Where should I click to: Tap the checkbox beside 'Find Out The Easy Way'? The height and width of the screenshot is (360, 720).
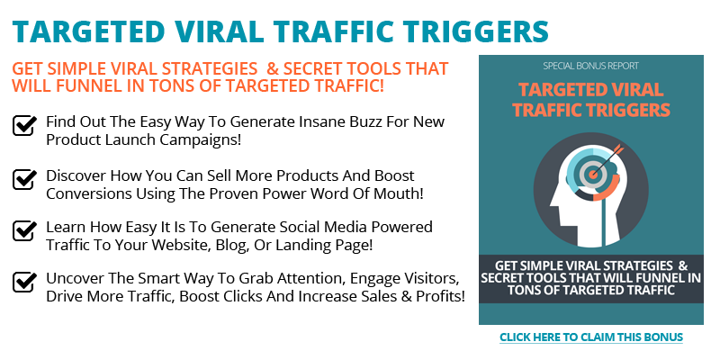pos(24,125)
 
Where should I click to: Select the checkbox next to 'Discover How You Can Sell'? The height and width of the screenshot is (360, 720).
pos(24,178)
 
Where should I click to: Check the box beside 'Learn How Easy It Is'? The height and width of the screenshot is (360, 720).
pos(24,230)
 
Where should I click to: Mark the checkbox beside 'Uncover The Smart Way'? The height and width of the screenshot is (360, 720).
pos(24,282)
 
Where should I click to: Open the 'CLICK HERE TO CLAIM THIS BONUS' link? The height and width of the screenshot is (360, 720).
pos(591,337)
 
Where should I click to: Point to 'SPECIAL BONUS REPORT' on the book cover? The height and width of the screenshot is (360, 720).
pos(590,66)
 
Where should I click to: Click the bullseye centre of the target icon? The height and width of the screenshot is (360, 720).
pos(593,174)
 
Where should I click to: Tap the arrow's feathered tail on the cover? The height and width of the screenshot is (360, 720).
pos(618,149)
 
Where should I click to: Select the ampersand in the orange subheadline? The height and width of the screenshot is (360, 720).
pos(273,69)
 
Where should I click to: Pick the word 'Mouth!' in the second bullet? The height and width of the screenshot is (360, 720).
pos(400,193)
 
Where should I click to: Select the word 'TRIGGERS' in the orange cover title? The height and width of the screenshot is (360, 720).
pos(626,110)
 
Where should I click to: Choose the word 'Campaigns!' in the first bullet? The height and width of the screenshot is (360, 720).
pos(200,140)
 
